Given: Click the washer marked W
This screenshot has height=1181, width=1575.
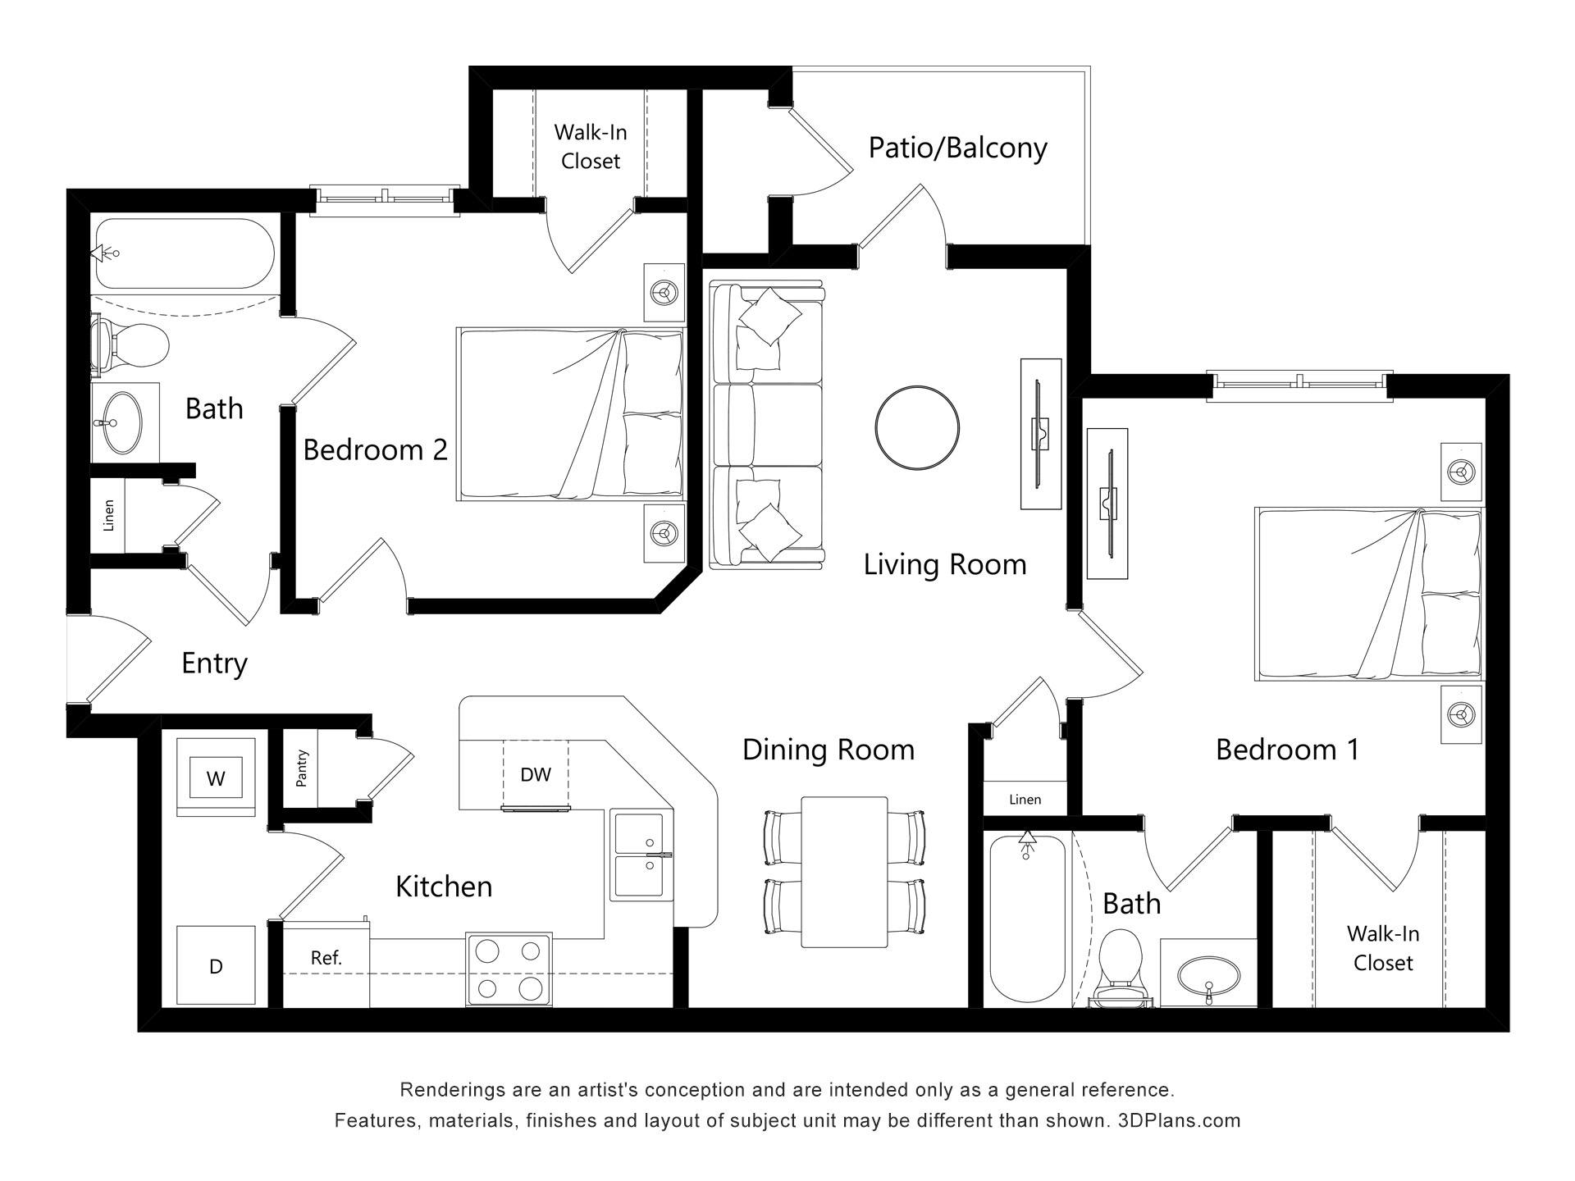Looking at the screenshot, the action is pyautogui.click(x=216, y=777).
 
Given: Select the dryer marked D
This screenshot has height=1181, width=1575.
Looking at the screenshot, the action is pyautogui.click(x=216, y=964).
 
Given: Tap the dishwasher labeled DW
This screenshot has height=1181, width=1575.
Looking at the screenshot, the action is pyautogui.click(x=536, y=775).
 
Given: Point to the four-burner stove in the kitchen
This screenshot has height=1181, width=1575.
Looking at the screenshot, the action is pyautogui.click(x=509, y=969).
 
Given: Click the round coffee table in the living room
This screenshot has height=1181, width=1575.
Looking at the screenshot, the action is pyautogui.click(x=917, y=428).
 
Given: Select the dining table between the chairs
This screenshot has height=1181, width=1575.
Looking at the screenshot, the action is pyautogui.click(x=844, y=872).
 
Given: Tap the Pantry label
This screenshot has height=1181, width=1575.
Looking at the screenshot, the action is pyautogui.click(x=302, y=768).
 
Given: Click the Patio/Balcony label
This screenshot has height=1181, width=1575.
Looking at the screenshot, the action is pyautogui.click(x=958, y=148).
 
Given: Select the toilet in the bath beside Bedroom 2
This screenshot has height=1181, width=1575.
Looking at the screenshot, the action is pyautogui.click(x=130, y=344).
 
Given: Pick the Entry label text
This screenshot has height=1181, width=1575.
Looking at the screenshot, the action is pyautogui.click(x=214, y=663).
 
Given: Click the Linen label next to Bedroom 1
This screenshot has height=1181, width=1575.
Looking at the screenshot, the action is pyautogui.click(x=1025, y=800).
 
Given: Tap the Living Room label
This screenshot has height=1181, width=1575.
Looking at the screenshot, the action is pyautogui.click(x=945, y=565).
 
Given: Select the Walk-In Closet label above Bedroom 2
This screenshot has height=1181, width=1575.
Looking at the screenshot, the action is pyautogui.click(x=591, y=146).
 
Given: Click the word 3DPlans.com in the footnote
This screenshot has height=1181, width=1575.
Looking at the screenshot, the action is pyautogui.click(x=1179, y=1120).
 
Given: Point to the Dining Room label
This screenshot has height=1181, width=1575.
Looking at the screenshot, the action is pyautogui.click(x=829, y=750).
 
